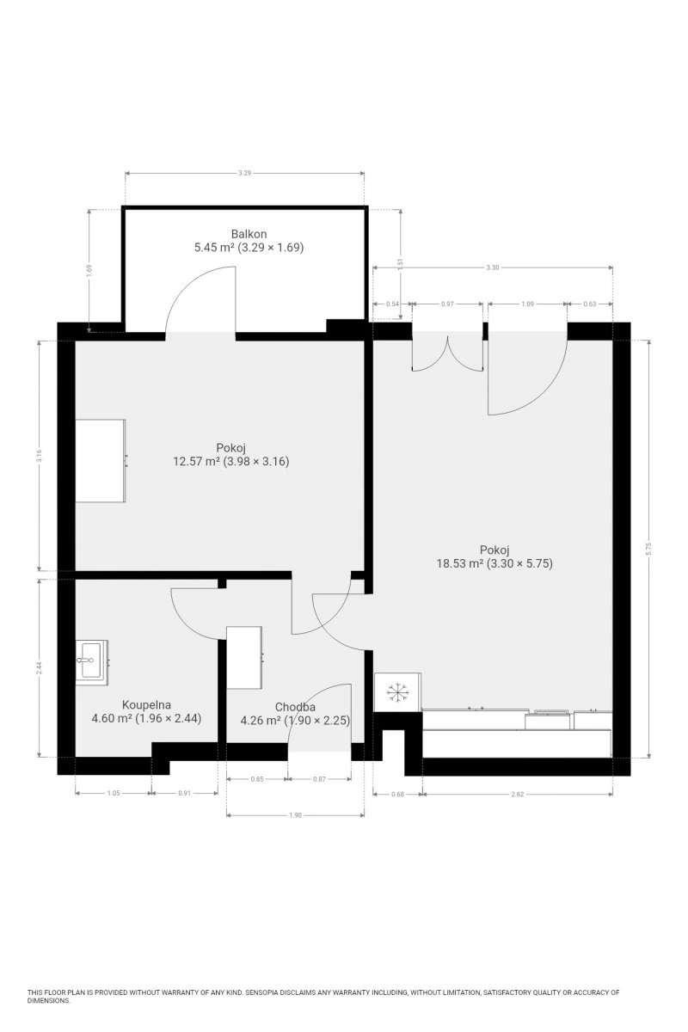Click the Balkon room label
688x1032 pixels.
tap(249, 234)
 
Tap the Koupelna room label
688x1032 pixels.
tap(146, 705)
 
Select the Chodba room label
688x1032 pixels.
tap(295, 707)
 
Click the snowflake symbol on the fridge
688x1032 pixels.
tap(397, 693)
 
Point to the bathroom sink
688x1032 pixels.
tap(91, 660)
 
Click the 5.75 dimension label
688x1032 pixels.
tap(648, 550)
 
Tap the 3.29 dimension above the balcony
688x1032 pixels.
tap(245, 173)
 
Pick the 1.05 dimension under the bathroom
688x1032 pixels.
tap(114, 793)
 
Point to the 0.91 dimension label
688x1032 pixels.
tap(184, 793)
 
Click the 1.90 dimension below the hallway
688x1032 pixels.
tap(295, 815)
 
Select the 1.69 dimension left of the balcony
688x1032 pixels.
tap(89, 270)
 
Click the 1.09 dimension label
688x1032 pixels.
tap(527, 304)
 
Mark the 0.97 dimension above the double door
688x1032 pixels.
tap(447, 304)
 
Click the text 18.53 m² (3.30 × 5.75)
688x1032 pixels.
tap(494, 563)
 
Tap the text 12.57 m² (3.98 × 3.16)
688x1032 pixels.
tap(230, 461)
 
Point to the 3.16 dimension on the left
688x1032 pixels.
tap(40, 456)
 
